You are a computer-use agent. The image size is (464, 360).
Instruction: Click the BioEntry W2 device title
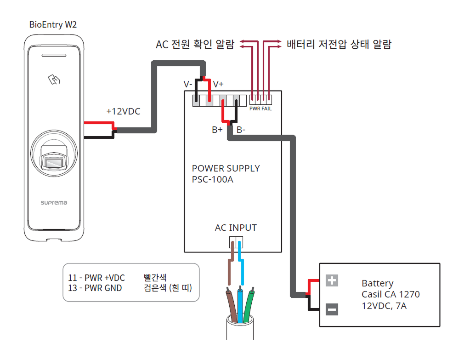click(x=53, y=25)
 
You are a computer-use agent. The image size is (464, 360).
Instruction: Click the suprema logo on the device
click(x=54, y=202)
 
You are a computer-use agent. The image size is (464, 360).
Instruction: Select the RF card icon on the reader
click(x=55, y=80)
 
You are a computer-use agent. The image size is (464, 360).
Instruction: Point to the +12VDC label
click(x=123, y=111)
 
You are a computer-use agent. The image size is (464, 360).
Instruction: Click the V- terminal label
click(x=188, y=84)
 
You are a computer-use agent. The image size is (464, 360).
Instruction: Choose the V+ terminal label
click(x=218, y=84)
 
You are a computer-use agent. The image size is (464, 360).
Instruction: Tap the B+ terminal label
click(x=217, y=130)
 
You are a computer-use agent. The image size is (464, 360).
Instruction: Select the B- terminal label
click(x=241, y=130)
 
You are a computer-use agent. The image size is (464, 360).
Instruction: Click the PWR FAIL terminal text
click(x=260, y=109)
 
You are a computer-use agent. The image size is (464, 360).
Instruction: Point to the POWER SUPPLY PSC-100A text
click(x=226, y=174)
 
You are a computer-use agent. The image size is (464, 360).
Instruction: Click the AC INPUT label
click(x=236, y=228)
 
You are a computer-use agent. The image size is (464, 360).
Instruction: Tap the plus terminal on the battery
click(x=332, y=280)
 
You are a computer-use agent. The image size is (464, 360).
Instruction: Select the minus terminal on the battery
click(x=332, y=309)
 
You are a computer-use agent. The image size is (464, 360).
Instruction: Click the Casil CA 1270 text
click(x=390, y=294)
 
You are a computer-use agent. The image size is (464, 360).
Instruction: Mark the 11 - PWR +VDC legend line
click(x=96, y=278)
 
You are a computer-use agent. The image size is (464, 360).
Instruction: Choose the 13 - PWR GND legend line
click(x=95, y=288)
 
